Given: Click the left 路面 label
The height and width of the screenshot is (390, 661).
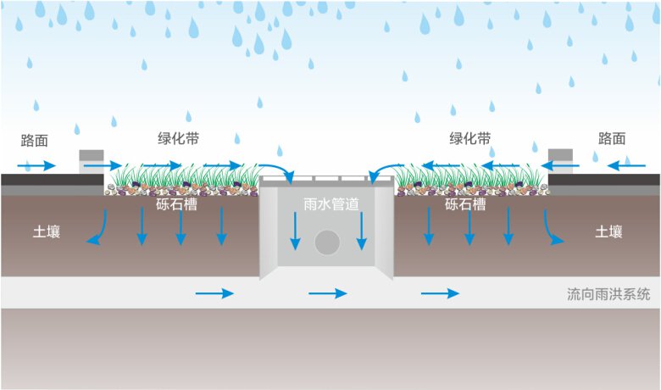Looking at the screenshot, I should [x=38, y=138].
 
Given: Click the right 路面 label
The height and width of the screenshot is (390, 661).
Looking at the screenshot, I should [x=611, y=138].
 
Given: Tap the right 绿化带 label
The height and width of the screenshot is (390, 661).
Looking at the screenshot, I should [x=470, y=138].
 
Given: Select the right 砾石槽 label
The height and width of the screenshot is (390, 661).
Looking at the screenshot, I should [x=465, y=204].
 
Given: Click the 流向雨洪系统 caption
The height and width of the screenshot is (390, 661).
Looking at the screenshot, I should [x=608, y=294].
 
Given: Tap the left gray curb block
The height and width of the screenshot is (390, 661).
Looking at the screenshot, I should [x=91, y=161].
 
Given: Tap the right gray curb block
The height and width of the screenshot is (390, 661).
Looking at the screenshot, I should [x=561, y=161].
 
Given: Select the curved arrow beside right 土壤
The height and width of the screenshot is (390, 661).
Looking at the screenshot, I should [x=552, y=229].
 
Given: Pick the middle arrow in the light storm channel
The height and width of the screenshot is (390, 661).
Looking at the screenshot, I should [x=328, y=293].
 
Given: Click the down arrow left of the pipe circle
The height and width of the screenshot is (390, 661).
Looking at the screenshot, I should [x=295, y=231].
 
